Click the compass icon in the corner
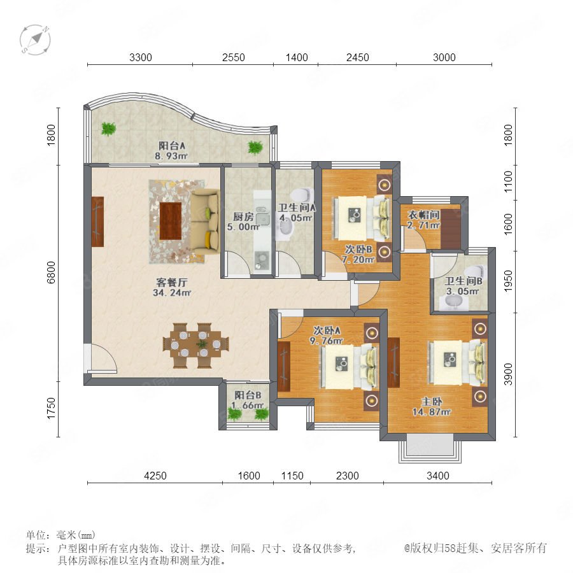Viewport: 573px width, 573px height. point(35,40)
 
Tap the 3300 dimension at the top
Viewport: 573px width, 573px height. point(141,57)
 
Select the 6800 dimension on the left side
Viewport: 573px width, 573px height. point(51,272)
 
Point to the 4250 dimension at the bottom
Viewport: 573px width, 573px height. point(155,476)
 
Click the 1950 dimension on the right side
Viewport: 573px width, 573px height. point(508,281)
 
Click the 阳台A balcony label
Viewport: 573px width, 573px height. point(172,146)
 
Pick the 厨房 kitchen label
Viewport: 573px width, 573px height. point(243,216)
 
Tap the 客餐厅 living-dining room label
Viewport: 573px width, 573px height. point(172,282)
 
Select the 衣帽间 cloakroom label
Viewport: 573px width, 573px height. point(423,215)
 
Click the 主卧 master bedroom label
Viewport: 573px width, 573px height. point(432,402)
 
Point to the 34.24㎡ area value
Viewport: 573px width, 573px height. point(172,293)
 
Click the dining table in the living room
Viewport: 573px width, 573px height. point(196,345)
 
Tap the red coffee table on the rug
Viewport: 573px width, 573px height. point(171,221)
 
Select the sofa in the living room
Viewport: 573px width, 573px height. point(205,222)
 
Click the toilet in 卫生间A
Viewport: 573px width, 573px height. point(302,192)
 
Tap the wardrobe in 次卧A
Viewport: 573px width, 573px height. point(283,367)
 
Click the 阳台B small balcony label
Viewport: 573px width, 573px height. point(248,395)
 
